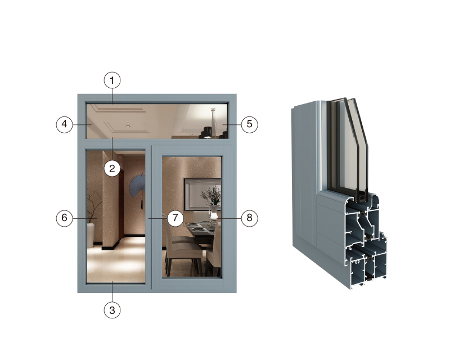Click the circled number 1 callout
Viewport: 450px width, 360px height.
pos(112,80)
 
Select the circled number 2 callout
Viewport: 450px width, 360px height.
pos(112,169)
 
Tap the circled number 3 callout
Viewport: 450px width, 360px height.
pos(112,310)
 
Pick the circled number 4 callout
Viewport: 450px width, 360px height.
pos(64,124)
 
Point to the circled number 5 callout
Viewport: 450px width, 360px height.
pos(249,124)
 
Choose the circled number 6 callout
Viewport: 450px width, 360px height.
pos(64,218)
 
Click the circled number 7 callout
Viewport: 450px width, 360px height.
pos(175,218)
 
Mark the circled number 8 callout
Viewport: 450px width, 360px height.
pos(249,218)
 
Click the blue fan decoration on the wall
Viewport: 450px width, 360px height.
pos(137,186)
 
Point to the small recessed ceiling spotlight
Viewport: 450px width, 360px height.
pos(128,127)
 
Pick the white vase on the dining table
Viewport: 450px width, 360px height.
pos(214,214)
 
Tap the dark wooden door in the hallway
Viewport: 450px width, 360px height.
pos(121,205)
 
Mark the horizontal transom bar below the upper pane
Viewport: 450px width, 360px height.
pos(157,142)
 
